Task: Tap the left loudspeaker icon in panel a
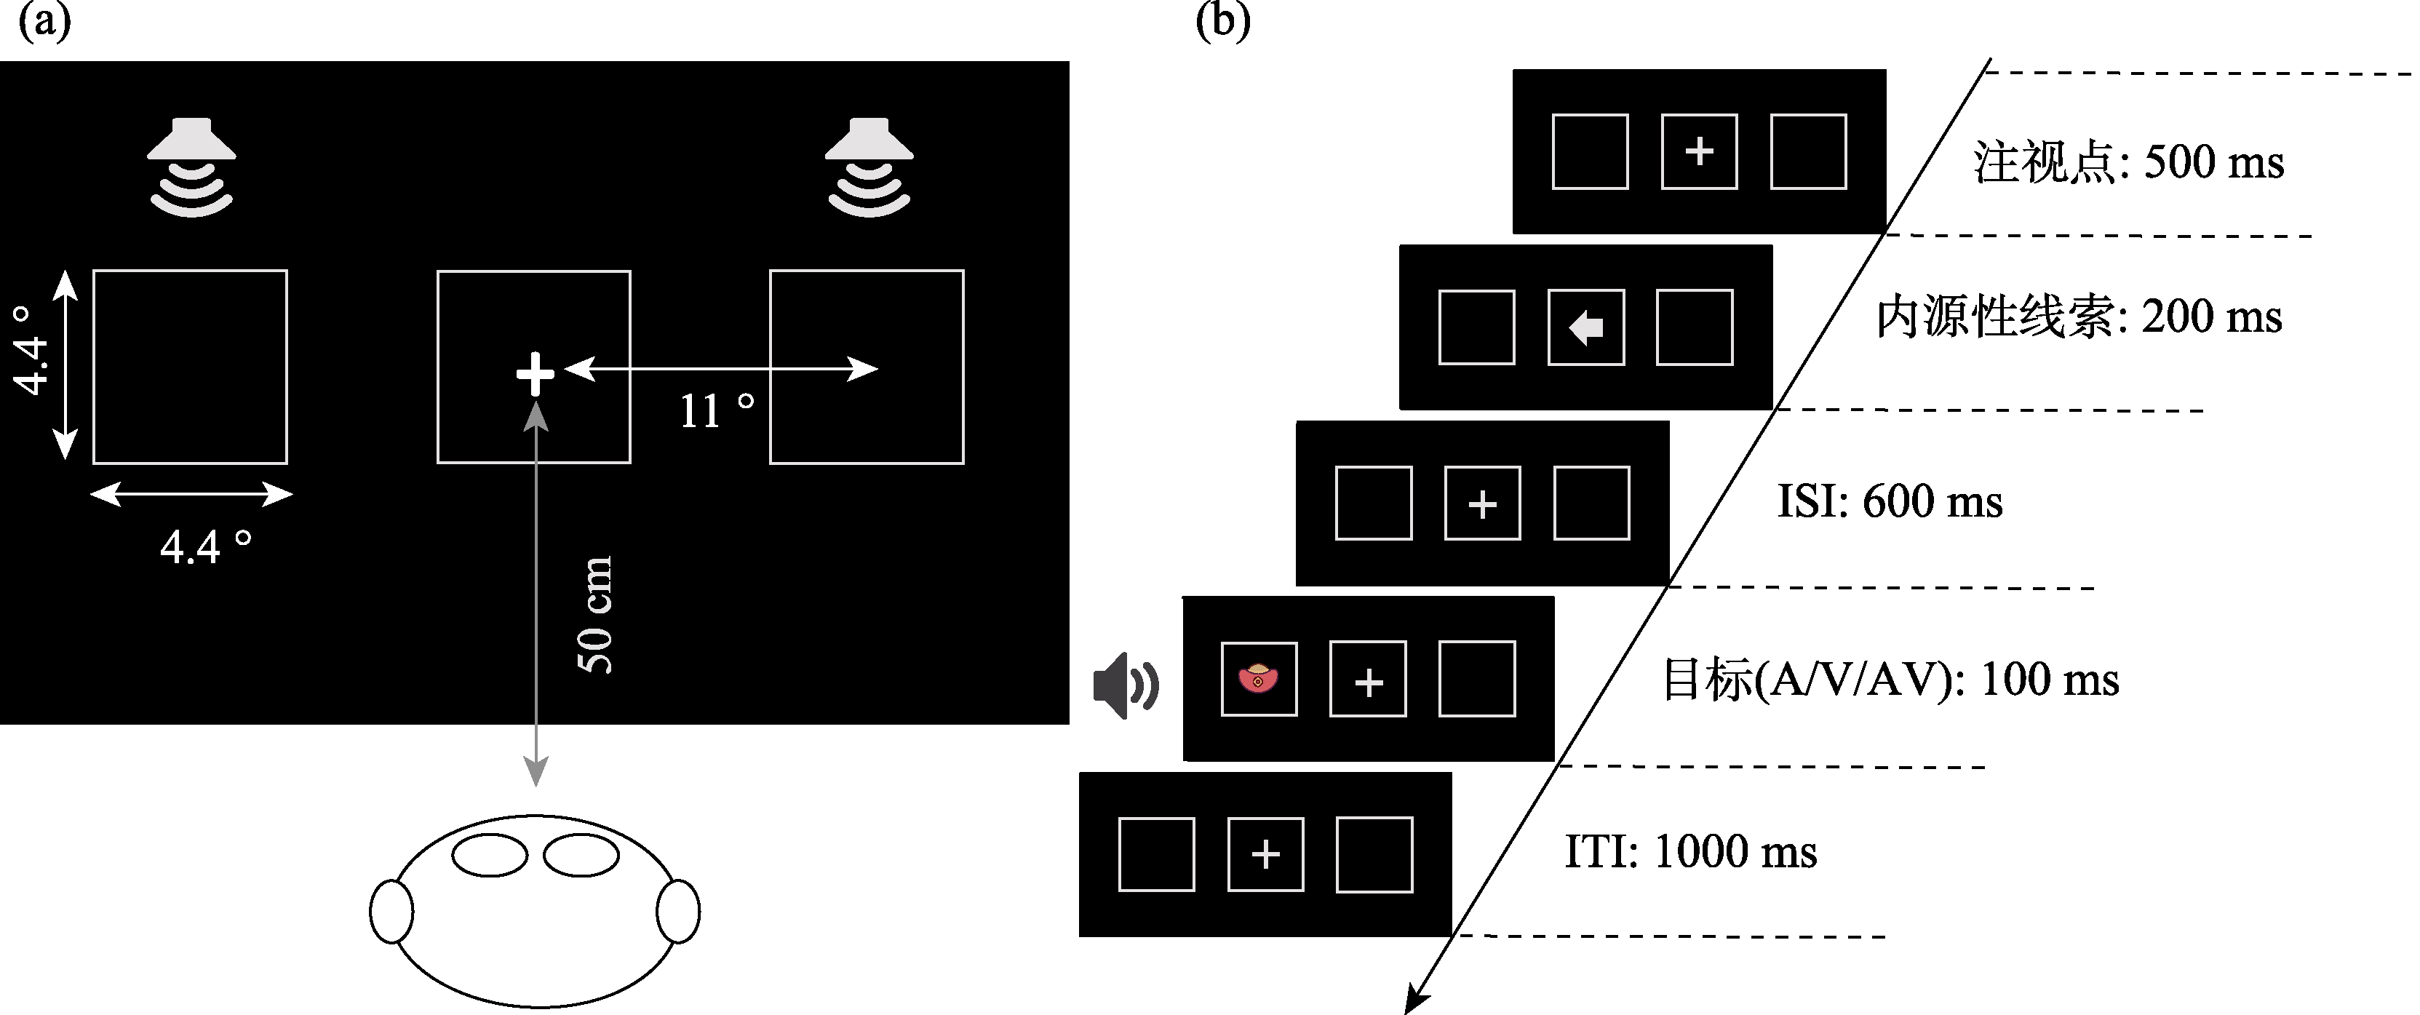point(191,167)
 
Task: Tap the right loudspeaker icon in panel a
point(869,167)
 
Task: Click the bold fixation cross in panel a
point(536,374)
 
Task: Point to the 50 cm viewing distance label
point(594,615)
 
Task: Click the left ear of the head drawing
point(391,911)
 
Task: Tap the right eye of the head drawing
point(581,855)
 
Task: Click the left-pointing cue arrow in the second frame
point(1585,328)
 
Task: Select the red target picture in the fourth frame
point(1258,679)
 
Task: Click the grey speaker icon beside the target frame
point(1125,686)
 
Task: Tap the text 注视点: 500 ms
point(2128,162)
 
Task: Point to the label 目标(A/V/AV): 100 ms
point(1890,680)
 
